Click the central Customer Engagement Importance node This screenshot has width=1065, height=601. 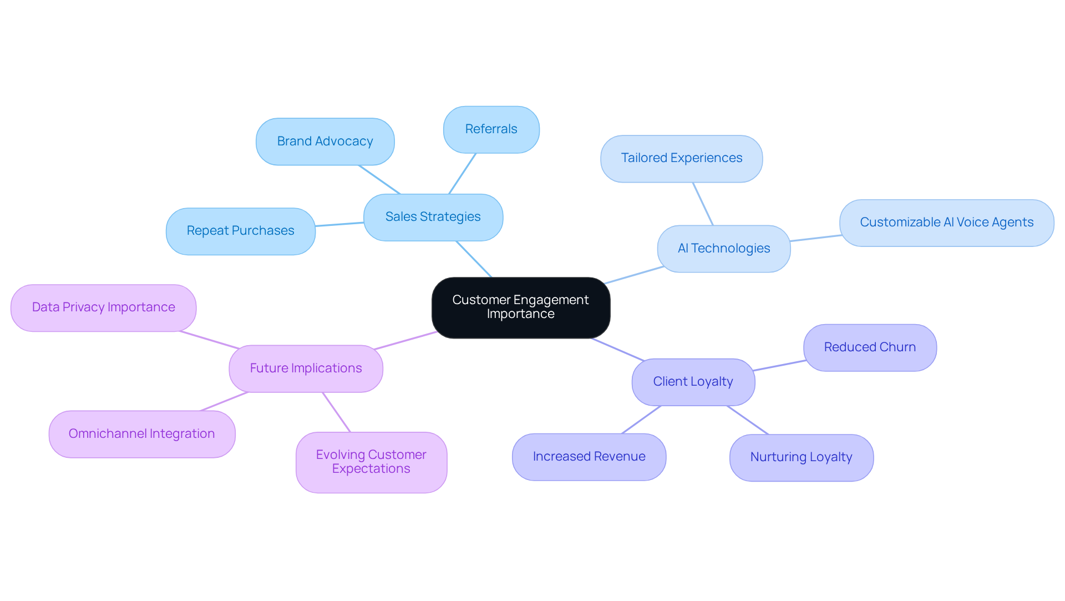(x=521, y=307)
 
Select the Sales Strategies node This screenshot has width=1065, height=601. (x=433, y=217)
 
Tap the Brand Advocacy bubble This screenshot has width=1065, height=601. (x=325, y=142)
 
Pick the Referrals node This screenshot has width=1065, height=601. (x=491, y=129)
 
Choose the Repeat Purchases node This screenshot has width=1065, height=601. (x=241, y=231)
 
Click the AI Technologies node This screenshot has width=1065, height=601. (x=724, y=249)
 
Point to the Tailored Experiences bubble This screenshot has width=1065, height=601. (x=681, y=159)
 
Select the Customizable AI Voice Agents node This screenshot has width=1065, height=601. (x=946, y=223)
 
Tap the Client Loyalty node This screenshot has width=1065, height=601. (x=693, y=382)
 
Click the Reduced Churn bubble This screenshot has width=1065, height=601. (x=870, y=347)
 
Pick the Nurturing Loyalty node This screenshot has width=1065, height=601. (x=801, y=457)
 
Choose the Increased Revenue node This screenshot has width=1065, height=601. (x=589, y=457)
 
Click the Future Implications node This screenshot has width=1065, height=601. (x=306, y=368)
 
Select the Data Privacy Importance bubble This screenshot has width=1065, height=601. (x=104, y=307)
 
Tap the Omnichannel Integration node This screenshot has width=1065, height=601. (x=142, y=434)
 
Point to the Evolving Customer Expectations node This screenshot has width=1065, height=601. (x=371, y=462)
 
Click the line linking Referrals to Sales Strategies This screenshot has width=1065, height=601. (x=462, y=174)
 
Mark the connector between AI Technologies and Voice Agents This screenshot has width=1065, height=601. (x=815, y=238)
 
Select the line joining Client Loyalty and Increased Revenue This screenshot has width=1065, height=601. (x=641, y=420)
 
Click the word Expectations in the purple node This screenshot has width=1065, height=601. (x=371, y=469)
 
